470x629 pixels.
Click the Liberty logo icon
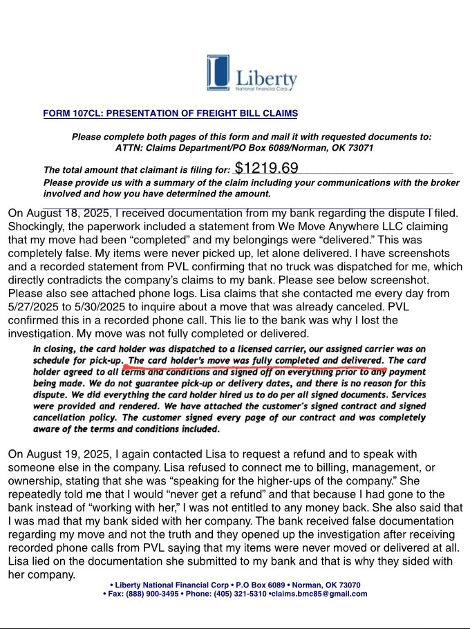pos(218,73)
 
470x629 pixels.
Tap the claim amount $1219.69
pos(266,168)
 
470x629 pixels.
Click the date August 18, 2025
pos(67,213)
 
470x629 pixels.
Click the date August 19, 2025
pos(67,454)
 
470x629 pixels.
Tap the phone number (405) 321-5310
pos(239,594)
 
